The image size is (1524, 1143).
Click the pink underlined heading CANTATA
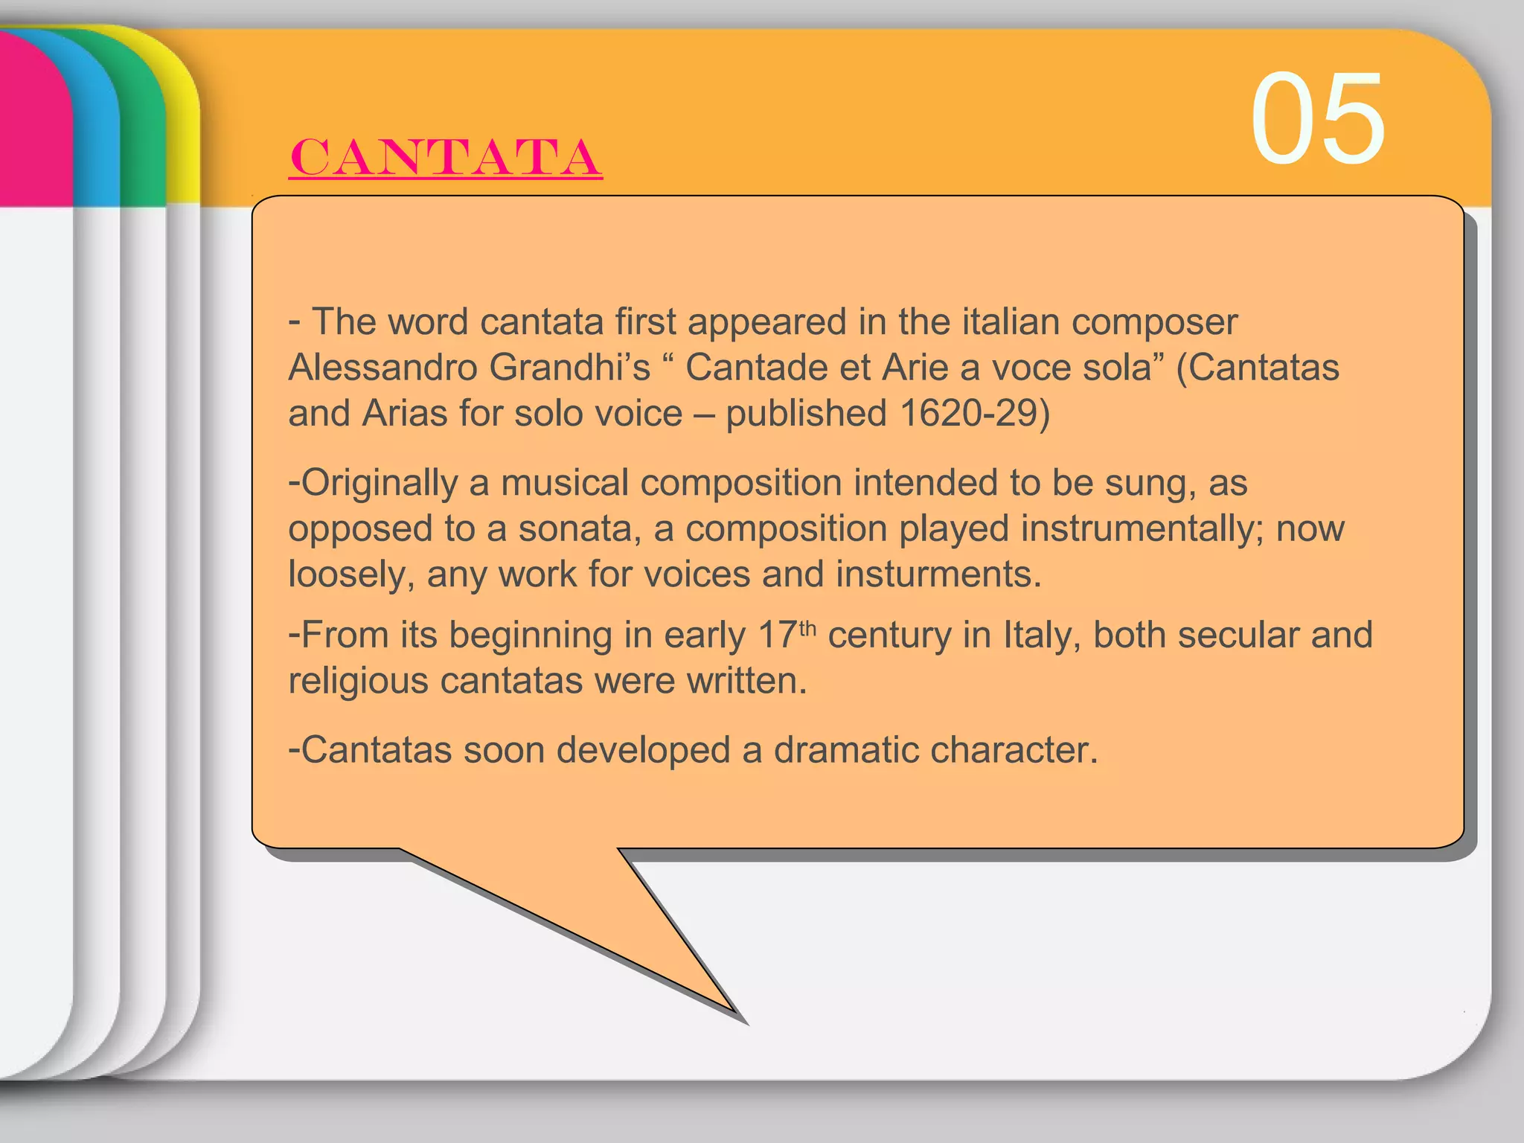[445, 157]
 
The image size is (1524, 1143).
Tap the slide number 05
[1317, 119]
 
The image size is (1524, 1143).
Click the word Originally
[380, 483]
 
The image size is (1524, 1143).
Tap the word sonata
[580, 529]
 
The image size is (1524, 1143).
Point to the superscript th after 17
[808, 629]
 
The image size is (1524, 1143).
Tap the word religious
[358, 681]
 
